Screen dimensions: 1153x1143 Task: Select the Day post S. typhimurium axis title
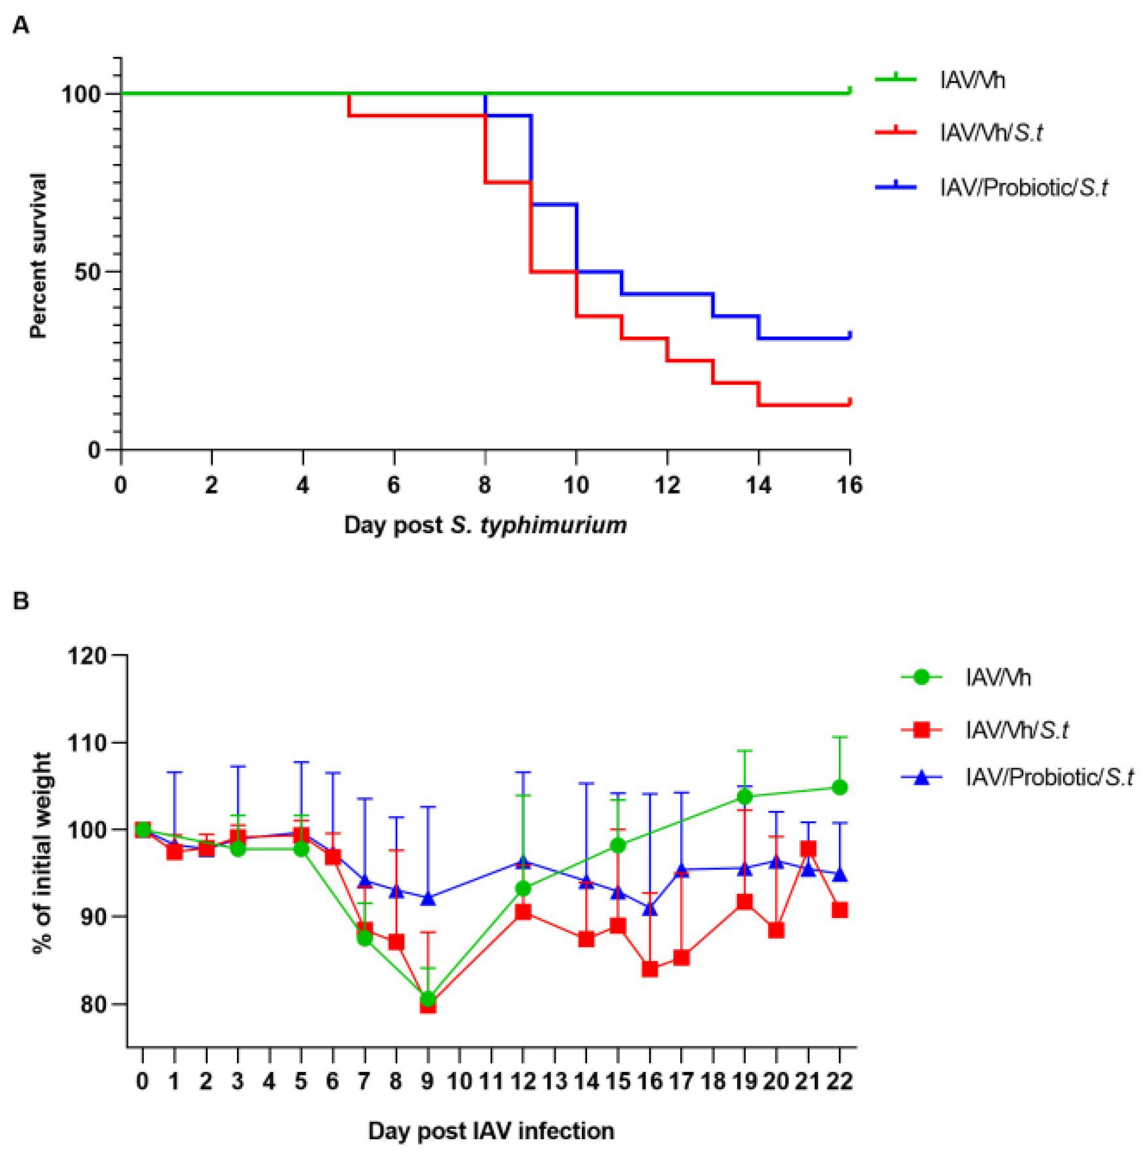(x=485, y=526)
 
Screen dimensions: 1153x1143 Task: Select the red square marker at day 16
(x=650, y=969)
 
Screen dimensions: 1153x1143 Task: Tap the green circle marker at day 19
(x=745, y=797)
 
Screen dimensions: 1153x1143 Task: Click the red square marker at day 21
(x=808, y=849)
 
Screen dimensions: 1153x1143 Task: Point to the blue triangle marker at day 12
(x=523, y=863)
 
